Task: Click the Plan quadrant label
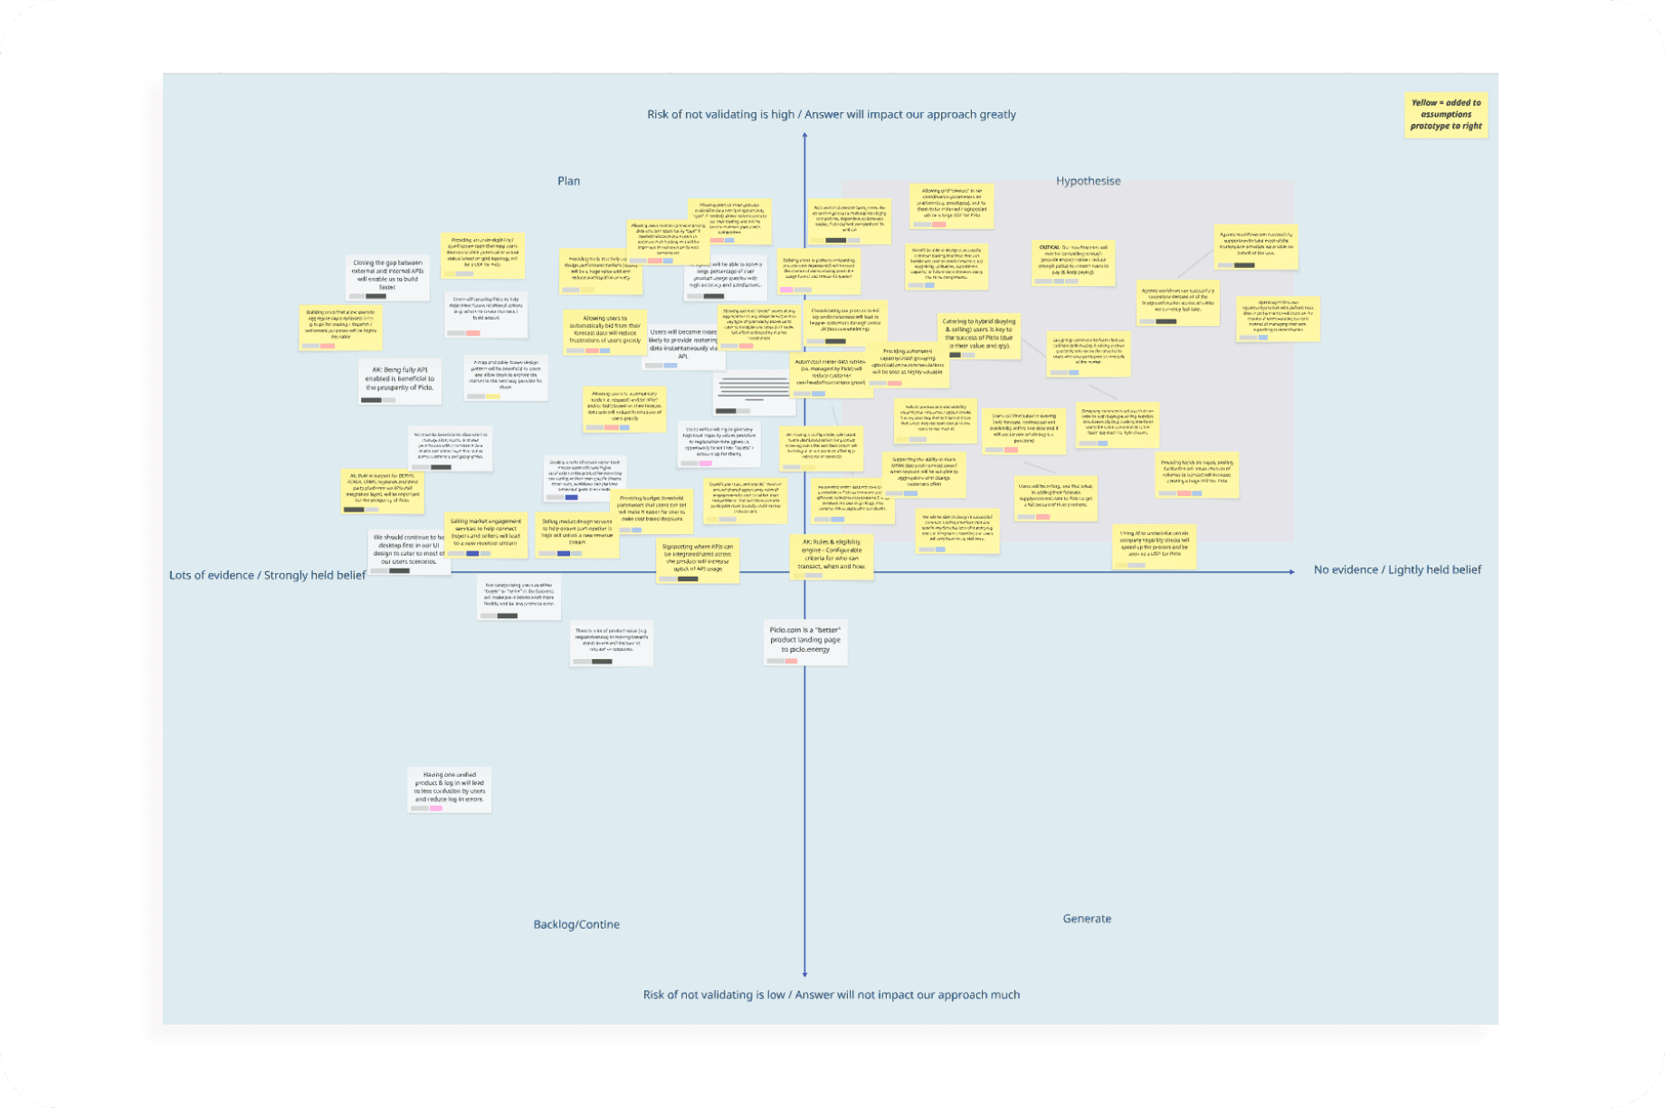click(568, 181)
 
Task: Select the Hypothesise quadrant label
click(1088, 181)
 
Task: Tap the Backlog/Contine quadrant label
click(576, 924)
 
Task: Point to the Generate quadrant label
click(1087, 919)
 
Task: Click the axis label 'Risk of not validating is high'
click(831, 115)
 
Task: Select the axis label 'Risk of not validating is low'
click(831, 995)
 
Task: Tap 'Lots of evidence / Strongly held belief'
click(267, 576)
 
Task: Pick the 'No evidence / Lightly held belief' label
click(1397, 570)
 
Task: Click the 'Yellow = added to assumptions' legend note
click(1446, 115)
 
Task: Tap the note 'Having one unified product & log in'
click(449, 788)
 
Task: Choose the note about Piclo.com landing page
click(804, 641)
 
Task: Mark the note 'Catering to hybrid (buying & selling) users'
click(978, 335)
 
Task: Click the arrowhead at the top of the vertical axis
click(804, 136)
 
